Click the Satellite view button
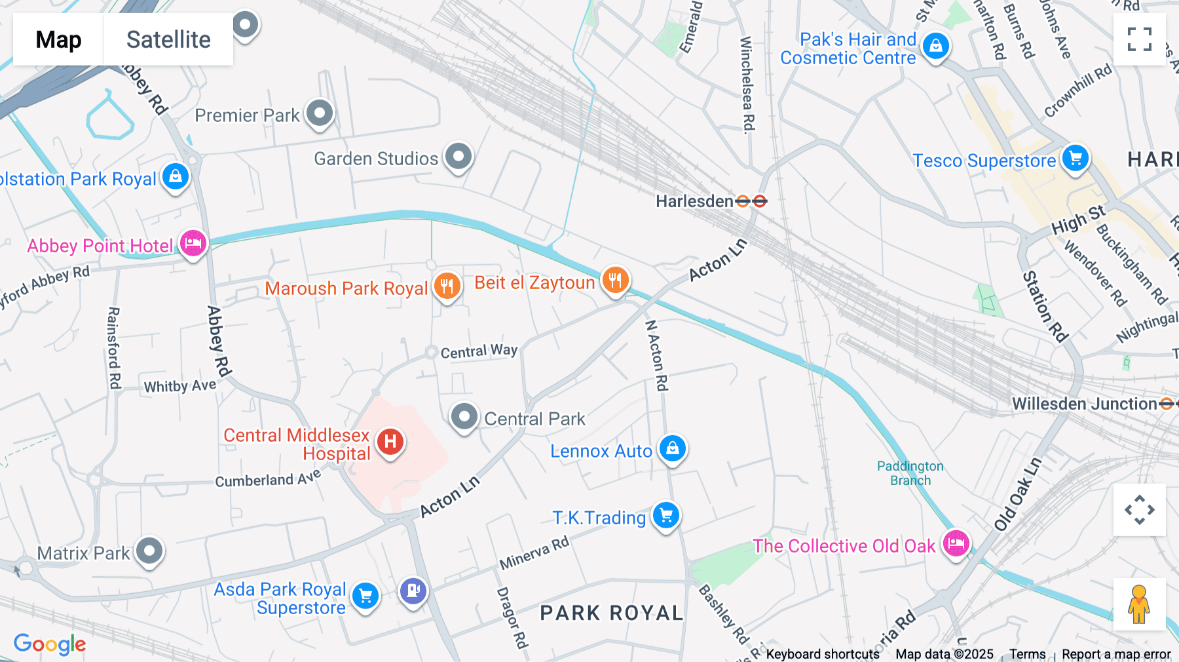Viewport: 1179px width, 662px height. [168, 40]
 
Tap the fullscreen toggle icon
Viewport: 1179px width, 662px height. [1139, 39]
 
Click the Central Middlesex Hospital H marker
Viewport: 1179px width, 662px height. [390, 441]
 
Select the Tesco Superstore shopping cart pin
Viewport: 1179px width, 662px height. [1075, 158]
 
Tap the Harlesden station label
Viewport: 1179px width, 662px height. [694, 201]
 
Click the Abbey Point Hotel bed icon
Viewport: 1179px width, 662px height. [193, 243]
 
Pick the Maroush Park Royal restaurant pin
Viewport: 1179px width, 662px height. [447, 286]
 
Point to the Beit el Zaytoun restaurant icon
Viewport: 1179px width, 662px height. [614, 281]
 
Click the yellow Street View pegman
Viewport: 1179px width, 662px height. [1139, 604]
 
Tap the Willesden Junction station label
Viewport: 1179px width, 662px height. [1084, 404]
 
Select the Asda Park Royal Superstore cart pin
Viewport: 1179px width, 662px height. [365, 596]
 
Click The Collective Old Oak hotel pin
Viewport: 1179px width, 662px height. [956, 543]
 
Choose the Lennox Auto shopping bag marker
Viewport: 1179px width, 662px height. [672, 448]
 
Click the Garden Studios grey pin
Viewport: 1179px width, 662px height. [458, 157]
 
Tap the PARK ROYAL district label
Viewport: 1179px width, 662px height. [611, 613]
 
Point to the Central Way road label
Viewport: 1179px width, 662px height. [479, 351]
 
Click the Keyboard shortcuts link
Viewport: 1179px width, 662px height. [822, 654]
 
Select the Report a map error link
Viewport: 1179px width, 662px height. [1115, 654]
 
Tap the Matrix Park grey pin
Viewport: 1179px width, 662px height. [149, 551]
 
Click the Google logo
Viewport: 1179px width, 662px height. [50, 644]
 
